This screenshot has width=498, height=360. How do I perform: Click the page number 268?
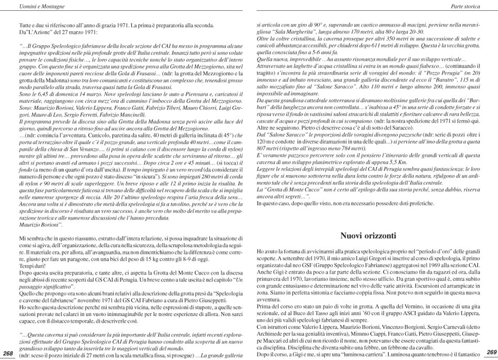[x=8, y=353]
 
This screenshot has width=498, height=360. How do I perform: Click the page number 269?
[x=491, y=352]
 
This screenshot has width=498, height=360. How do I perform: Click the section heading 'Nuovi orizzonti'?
[x=368, y=236]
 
